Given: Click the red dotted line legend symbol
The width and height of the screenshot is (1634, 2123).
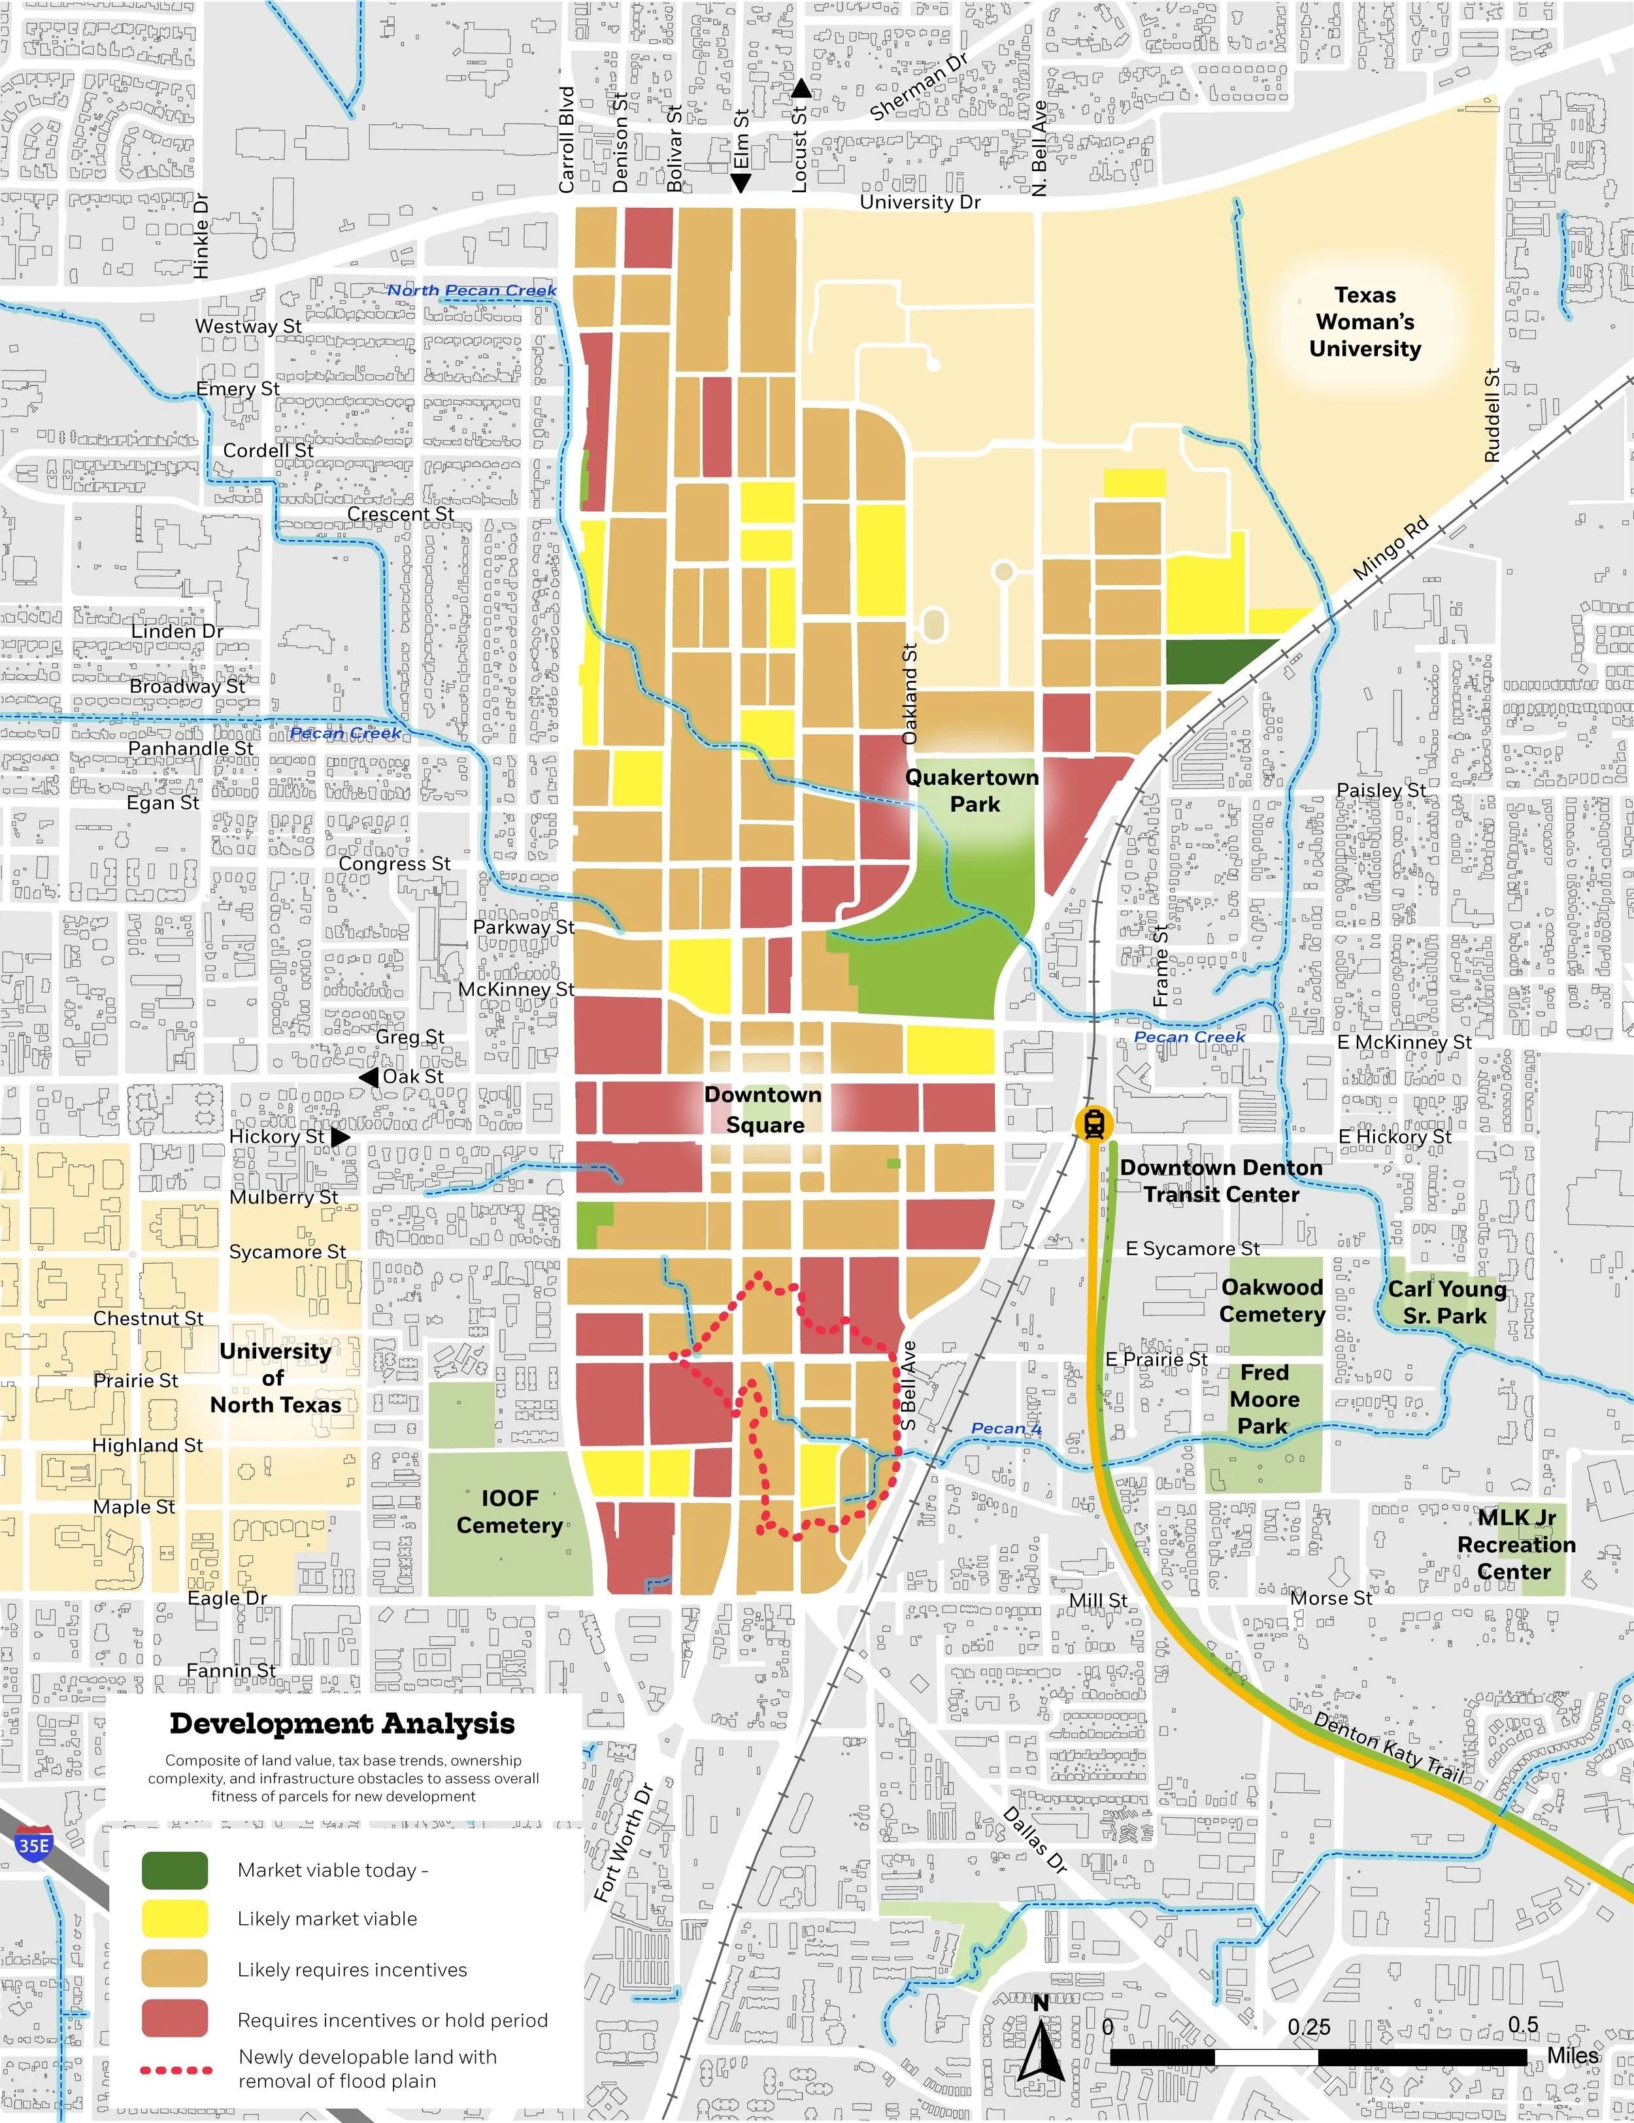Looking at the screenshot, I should tap(176, 2069).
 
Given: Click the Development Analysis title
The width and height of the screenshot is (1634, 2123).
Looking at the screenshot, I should tap(342, 1724).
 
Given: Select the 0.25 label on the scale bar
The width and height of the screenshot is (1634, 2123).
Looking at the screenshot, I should tap(1309, 2028).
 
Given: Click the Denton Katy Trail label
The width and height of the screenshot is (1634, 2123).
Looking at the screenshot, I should tap(1389, 1747).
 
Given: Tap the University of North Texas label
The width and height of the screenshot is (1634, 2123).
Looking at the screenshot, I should tap(275, 1377).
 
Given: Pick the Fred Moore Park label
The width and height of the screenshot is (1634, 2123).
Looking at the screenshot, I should tap(1263, 1400).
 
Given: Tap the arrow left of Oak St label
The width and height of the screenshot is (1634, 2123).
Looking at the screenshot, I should tap(369, 1077).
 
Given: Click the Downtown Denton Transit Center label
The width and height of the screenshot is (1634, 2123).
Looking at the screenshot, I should tap(1221, 1181).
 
